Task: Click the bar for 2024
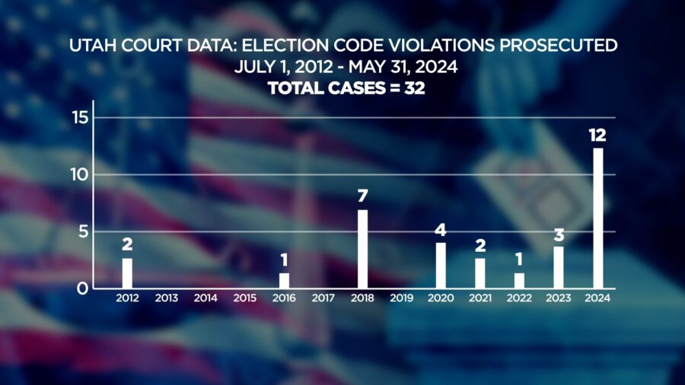[x=598, y=218]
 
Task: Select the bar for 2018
[x=362, y=250]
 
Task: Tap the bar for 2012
[x=127, y=273]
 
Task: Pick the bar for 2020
[x=441, y=266]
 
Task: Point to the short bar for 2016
[x=284, y=281]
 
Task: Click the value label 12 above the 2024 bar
[x=597, y=135]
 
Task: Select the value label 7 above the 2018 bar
[x=362, y=196]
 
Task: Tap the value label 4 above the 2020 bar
[x=441, y=230]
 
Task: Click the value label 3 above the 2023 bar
[x=559, y=235]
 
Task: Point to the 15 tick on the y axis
[x=80, y=117]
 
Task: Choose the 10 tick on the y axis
[x=79, y=174]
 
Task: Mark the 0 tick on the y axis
[x=82, y=288]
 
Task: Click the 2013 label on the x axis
[x=167, y=298]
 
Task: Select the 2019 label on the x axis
[x=401, y=298]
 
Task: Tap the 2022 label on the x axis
[x=519, y=298]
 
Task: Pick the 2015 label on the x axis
[x=244, y=298]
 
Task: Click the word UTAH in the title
[x=93, y=46]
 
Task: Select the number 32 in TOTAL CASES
[x=415, y=88]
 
